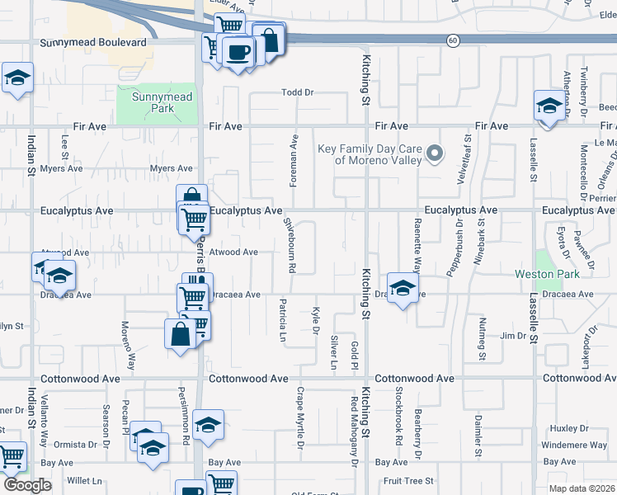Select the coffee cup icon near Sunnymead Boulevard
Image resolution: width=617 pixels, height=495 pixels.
[x=238, y=52]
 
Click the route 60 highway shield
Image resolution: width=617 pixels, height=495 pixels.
[x=453, y=40]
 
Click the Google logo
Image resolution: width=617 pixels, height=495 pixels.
[x=27, y=485]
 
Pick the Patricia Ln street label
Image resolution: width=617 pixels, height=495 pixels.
[x=282, y=321]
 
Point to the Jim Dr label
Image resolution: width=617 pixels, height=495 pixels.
[x=513, y=336]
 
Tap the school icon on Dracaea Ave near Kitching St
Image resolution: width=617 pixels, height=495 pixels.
[x=402, y=289]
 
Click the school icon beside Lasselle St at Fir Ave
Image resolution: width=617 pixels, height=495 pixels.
[x=548, y=106]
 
